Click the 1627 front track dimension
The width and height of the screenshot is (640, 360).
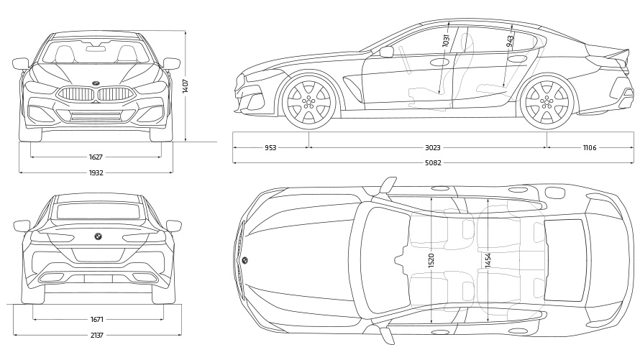pos(96,156)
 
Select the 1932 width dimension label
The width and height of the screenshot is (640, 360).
pos(96,172)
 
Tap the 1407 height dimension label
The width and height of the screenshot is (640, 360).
pos(186,86)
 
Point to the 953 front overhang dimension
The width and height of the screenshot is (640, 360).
pos(270,148)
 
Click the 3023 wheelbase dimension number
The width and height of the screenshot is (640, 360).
pos(432,148)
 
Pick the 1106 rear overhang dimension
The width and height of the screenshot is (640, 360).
pos(589,148)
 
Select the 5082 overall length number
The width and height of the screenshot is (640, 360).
pos(432,163)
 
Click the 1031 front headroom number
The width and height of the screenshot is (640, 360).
pos(446,41)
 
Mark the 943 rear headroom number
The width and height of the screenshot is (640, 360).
pos(510,41)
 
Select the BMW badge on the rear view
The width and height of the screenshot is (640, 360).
pos(96,236)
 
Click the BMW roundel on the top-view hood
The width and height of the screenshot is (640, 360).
pos(244,259)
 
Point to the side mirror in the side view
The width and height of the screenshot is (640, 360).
pos(387,52)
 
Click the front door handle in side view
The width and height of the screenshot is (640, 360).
pos(438,63)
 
